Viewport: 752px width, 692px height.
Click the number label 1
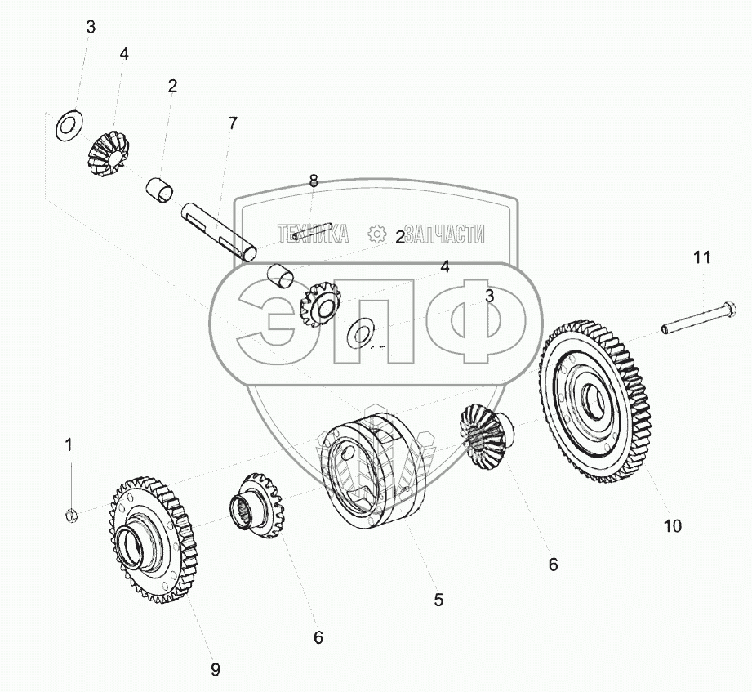69,444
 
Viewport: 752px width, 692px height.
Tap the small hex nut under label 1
70,514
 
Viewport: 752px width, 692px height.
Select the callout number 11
702,258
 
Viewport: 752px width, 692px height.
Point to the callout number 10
672,526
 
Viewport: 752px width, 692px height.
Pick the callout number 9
216,669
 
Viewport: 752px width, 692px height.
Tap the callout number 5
438,600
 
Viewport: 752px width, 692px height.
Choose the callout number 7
233,123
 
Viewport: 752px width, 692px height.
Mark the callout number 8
313,181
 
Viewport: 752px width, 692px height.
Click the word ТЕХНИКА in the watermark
313,234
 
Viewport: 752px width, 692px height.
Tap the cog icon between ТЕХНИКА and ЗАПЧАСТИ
376,234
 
